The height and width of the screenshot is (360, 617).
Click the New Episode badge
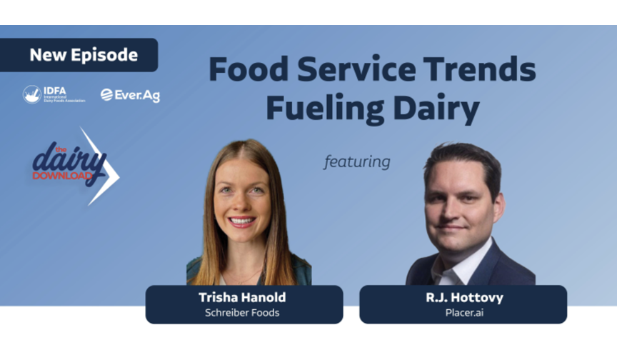(79, 55)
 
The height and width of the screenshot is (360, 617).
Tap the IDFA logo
(54, 94)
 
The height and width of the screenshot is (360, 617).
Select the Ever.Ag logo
(130, 95)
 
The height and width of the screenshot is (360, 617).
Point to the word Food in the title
(249, 69)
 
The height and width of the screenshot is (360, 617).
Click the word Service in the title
(356, 69)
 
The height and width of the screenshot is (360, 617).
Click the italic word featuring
(357, 161)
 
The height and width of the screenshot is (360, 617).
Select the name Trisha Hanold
(242, 297)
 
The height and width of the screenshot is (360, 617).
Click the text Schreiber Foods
(242, 313)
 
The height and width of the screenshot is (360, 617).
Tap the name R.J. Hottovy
(464, 297)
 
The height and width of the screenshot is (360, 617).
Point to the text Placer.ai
(464, 313)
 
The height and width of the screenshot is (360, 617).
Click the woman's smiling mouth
(241, 221)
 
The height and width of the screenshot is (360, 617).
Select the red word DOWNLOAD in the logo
(62, 176)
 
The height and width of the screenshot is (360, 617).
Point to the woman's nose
(241, 203)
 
